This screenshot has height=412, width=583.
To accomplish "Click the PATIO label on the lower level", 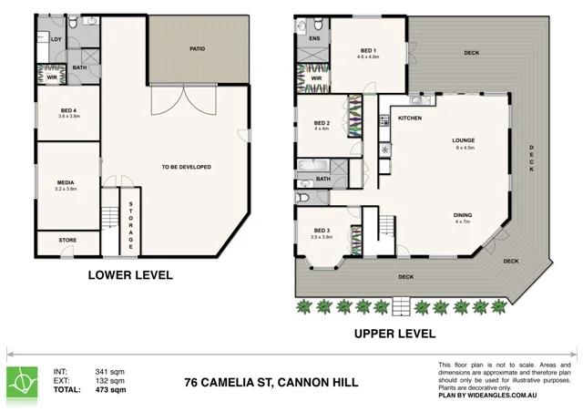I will pyautogui.click(x=196, y=48).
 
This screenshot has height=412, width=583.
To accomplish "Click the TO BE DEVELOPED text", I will pyautogui.click(x=186, y=167).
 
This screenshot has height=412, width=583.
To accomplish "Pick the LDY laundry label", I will pyautogui.click(x=56, y=38).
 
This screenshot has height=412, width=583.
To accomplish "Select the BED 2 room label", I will pyautogui.click(x=321, y=122).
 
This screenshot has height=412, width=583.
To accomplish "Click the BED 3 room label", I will pyautogui.click(x=322, y=230).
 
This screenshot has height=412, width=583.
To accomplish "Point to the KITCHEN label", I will pyautogui.click(x=408, y=118).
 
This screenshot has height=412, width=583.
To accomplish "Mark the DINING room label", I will pyautogui.click(x=463, y=215).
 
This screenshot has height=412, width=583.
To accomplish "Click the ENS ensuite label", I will pyautogui.click(x=313, y=39).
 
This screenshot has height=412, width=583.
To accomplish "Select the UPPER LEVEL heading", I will pyautogui.click(x=396, y=335).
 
